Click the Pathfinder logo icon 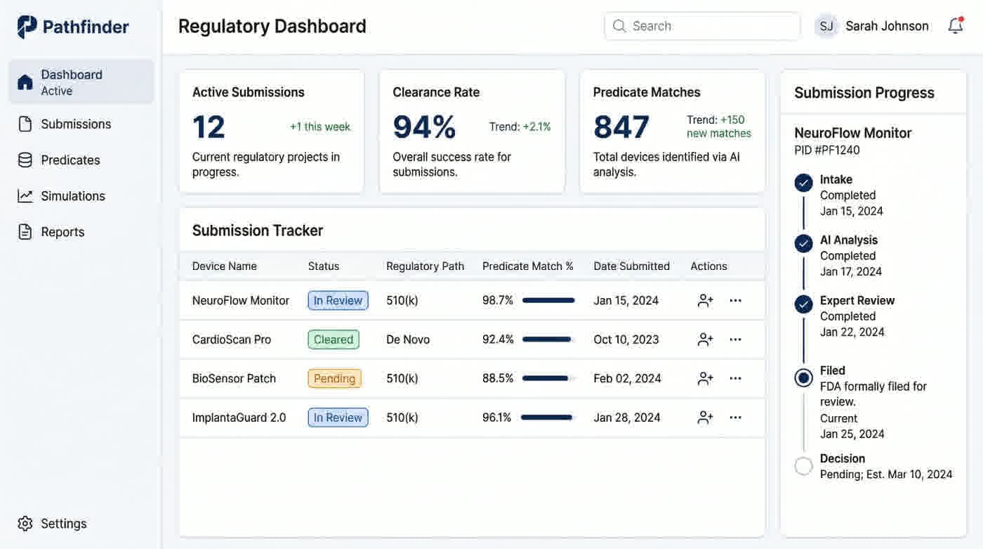[x=27, y=27]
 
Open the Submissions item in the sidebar [x=76, y=124]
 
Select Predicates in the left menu [x=70, y=160]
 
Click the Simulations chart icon [x=25, y=196]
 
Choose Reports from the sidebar [x=62, y=232]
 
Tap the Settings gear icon [x=25, y=524]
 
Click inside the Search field [x=702, y=26]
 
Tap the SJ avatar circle [x=826, y=26]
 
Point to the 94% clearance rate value [x=424, y=127]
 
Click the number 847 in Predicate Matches [x=621, y=127]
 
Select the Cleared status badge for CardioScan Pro [x=334, y=340]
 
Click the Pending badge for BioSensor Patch [x=334, y=379]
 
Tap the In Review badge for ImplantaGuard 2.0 [x=338, y=418]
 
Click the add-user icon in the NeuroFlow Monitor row [x=705, y=301]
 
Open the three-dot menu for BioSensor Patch [x=735, y=379]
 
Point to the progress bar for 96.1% [x=548, y=418]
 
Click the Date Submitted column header [x=631, y=266]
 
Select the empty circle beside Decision [x=803, y=466]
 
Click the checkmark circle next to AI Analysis [x=803, y=243]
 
